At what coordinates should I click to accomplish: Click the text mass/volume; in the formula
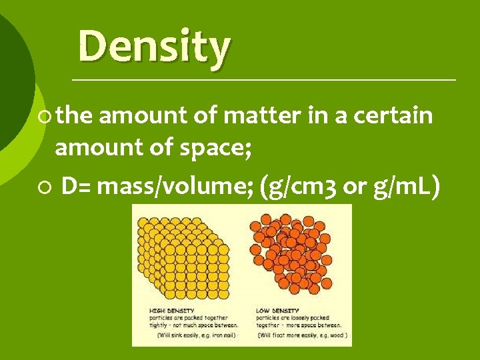[174, 189]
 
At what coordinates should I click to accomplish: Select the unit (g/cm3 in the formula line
[301, 189]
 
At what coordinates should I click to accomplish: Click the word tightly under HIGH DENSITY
[159, 325]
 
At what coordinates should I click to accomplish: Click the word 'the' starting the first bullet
[74, 115]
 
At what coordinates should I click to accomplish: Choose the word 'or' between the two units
[354, 189]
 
